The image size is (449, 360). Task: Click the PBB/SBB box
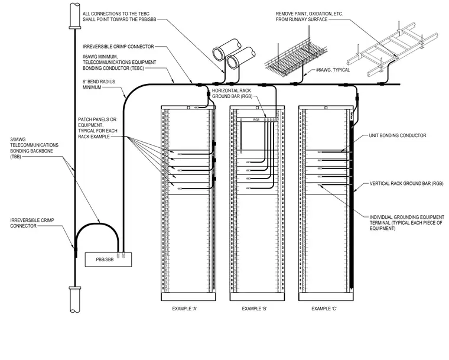pos(108,260)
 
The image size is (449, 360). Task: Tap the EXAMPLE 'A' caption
pos(185,309)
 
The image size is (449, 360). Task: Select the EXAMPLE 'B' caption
pos(255,309)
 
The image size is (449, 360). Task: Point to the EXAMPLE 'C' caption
pos(324,309)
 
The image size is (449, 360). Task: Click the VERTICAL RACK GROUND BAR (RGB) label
pos(406,183)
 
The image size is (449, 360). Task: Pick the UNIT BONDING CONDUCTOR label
pos(398,135)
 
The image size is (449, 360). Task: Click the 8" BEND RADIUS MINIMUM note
pos(99,85)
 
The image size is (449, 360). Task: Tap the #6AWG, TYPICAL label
pos(333,70)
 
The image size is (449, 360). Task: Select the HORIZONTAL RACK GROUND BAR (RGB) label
pos(232,93)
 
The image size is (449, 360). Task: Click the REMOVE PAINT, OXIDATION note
pos(309,17)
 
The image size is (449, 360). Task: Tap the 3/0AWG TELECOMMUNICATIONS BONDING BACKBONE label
pos(34,148)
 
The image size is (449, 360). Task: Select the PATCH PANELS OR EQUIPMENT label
pos(97,128)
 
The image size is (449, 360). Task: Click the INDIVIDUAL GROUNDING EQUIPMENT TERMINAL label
pos(406,223)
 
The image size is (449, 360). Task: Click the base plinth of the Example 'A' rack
pos(188,297)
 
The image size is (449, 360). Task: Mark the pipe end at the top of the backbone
pos(75,16)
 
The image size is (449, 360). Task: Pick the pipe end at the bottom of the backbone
pos(75,300)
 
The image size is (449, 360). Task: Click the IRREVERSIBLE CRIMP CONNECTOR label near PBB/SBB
pos(32,223)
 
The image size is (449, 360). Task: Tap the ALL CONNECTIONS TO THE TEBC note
pos(119,17)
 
